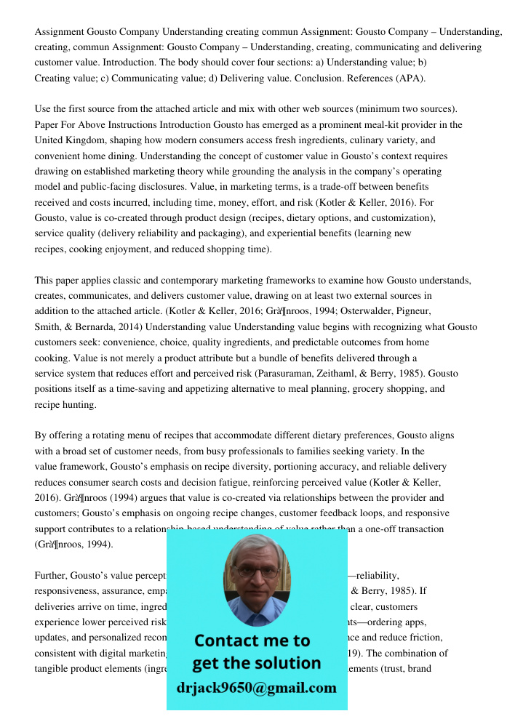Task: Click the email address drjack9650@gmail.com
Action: [x=256, y=688]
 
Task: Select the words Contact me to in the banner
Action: [x=252, y=640]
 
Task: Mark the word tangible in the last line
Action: [x=55, y=668]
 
